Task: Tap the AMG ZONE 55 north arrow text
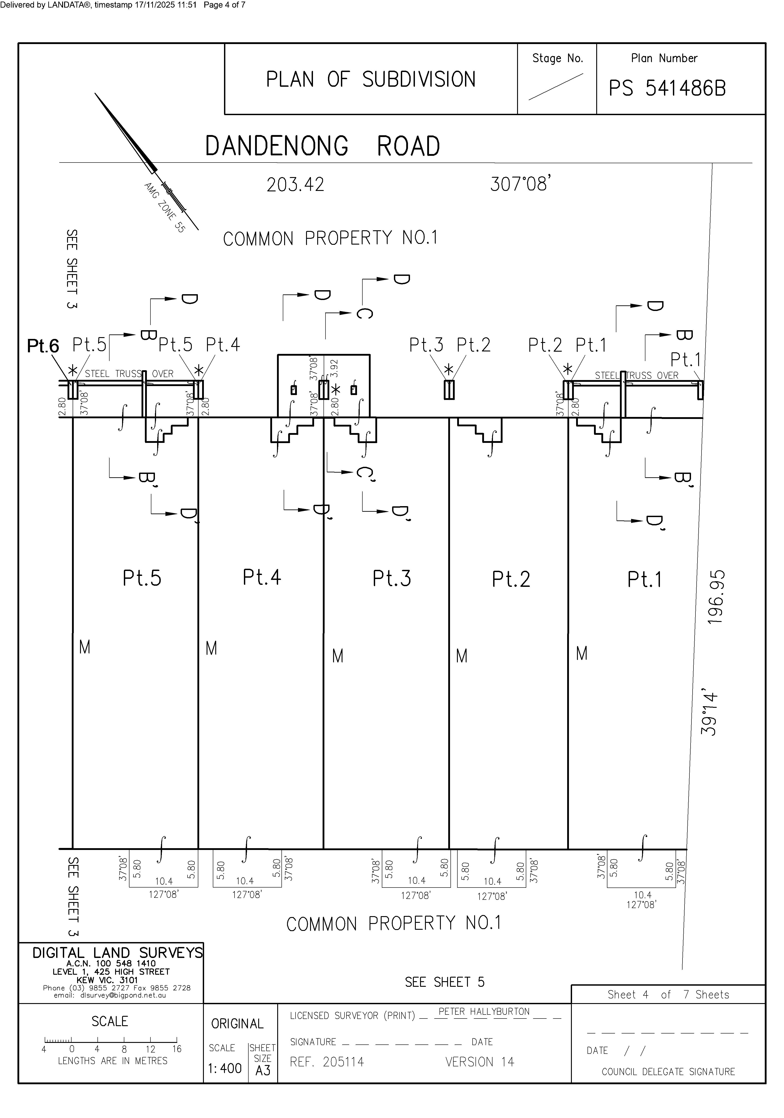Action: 165,207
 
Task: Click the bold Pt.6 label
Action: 43,346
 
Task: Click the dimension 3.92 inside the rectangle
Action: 334,369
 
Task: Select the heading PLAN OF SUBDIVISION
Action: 371,79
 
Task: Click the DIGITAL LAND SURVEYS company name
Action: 117,952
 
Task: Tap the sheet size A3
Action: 262,1070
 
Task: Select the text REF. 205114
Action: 327,1062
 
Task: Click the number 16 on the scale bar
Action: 177,1049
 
